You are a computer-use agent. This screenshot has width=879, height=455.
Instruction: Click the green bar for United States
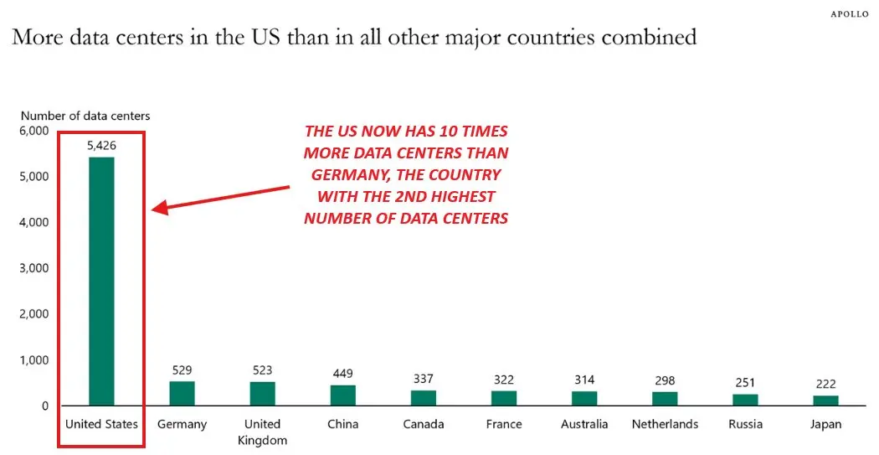(101, 282)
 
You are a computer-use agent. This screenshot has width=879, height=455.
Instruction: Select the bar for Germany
(182, 394)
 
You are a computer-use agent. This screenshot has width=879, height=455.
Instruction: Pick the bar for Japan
(825, 401)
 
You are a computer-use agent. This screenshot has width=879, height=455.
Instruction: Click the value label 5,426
(101, 146)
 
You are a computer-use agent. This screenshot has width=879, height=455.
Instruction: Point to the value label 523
(262, 370)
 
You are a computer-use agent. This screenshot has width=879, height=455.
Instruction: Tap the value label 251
(745, 383)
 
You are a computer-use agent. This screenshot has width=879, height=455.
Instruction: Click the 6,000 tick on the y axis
(34, 132)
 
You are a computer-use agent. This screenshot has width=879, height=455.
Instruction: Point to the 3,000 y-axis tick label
(34, 269)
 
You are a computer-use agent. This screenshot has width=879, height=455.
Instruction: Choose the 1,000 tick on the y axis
(34, 360)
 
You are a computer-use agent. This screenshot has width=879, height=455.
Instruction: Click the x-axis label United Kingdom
(262, 432)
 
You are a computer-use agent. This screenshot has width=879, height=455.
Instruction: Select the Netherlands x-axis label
(665, 424)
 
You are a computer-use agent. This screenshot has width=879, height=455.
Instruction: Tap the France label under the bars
(504, 424)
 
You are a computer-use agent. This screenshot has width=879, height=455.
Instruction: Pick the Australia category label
(584, 424)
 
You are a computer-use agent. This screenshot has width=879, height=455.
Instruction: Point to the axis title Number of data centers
(85, 116)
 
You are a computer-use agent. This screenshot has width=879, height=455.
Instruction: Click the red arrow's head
(158, 208)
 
